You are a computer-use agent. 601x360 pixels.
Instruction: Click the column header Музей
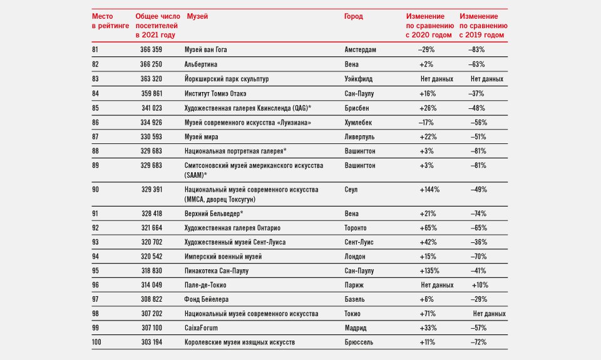tap(197, 16)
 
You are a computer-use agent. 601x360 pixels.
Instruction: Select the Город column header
tap(353, 16)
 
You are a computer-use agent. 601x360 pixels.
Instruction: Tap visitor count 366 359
tap(151, 49)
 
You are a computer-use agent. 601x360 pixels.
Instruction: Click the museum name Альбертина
tap(201, 64)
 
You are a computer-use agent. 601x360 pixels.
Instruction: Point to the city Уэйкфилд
tap(358, 79)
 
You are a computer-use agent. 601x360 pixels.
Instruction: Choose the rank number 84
tap(95, 93)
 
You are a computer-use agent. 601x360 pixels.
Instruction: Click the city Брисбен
tap(357, 108)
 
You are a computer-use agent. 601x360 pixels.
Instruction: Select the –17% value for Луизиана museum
tap(426, 123)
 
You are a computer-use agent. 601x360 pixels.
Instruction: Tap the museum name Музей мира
tap(201, 137)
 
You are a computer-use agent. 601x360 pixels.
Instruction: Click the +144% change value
tap(429, 190)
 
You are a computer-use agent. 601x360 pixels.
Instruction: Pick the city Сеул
tap(351, 190)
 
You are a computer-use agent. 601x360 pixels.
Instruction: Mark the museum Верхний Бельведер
tap(214, 213)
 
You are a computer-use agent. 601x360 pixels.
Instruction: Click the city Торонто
tap(356, 228)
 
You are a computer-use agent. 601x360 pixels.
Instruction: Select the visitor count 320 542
tap(152, 257)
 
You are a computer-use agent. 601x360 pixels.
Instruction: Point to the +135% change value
tap(429, 270)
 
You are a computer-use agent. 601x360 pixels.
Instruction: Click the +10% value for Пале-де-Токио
tap(480, 285)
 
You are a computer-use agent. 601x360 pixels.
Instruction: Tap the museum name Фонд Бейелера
tap(206, 299)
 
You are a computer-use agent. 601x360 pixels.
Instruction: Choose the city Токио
tap(352, 314)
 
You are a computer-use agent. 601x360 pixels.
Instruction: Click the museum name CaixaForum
tap(201, 328)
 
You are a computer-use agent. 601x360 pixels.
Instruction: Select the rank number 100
tap(96, 342)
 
